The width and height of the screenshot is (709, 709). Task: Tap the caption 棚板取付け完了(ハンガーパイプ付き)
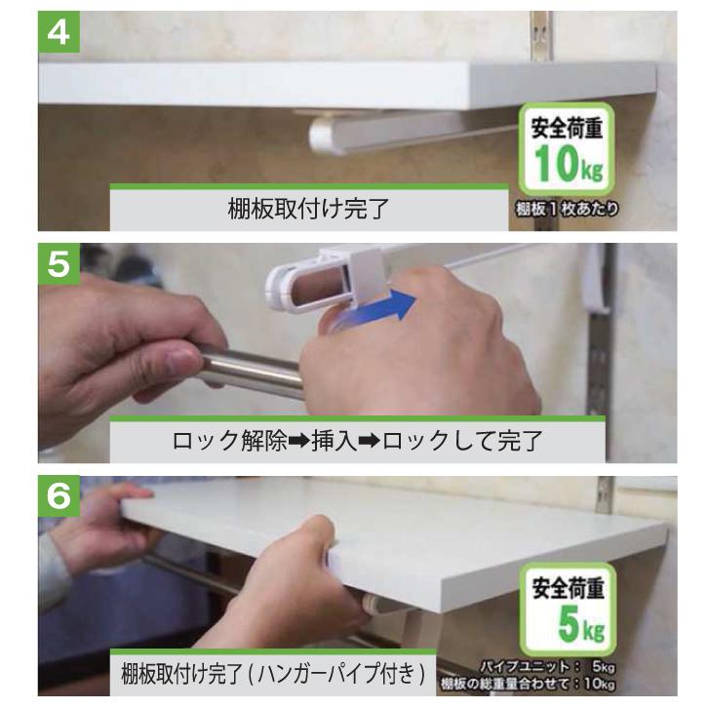pyautogui.click(x=274, y=674)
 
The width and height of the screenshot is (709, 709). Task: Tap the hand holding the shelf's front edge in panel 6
pyautogui.click(x=293, y=585)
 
